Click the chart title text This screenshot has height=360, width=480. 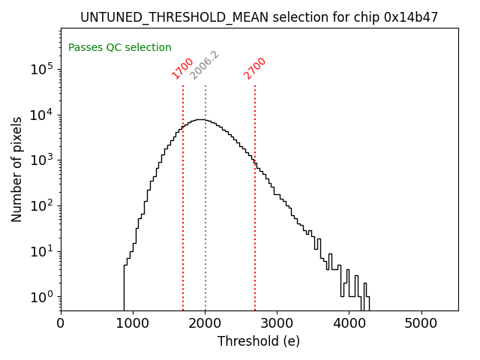(x=259, y=16)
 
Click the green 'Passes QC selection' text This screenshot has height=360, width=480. (x=120, y=47)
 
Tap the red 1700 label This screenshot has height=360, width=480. (x=183, y=68)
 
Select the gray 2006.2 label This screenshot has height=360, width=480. (x=204, y=65)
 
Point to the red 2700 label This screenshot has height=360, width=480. (x=255, y=68)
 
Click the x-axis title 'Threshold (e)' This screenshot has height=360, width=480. (x=259, y=341)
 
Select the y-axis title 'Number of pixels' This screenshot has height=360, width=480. (x=17, y=169)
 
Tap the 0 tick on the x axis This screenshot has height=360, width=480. (x=61, y=323)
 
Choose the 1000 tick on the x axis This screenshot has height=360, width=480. (x=133, y=323)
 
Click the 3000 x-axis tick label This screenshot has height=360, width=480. (x=277, y=323)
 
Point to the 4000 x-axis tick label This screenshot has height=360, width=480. (x=349, y=323)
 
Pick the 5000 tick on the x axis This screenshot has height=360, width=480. (x=421, y=323)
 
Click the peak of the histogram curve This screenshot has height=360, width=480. (x=199, y=119)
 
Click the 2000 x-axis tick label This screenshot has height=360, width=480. (x=205, y=323)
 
